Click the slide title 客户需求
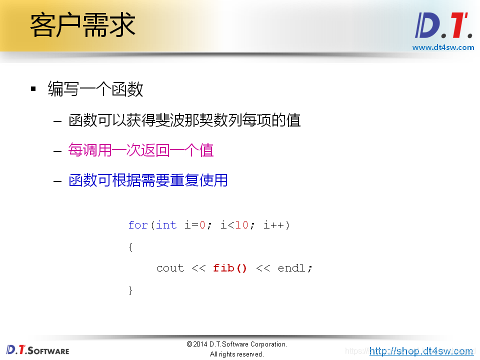pos(83,25)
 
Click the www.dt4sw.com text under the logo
pos(443,47)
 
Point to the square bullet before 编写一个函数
pos(33,89)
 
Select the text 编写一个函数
pos(95,89)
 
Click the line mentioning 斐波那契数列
pos(184,120)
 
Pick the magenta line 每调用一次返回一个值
pos(141,150)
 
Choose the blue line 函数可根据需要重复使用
pos(148,180)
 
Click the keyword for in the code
pos(138,225)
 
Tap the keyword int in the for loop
pos(166,225)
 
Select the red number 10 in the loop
pos(242,225)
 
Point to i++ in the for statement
pos(274,225)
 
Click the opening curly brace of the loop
pos(131,246)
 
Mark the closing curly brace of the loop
pos(131,290)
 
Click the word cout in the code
pos(170,268)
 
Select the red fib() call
pos(230,268)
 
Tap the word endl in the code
pos(292,268)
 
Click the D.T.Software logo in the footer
pos(38,350)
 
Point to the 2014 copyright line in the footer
pos(236,344)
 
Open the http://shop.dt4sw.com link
pos(421,351)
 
